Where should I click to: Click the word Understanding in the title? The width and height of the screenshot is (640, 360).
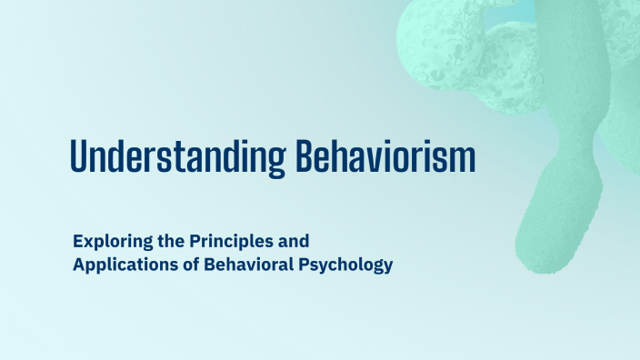[179, 157]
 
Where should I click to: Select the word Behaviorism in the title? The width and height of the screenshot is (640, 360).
[386, 157]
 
